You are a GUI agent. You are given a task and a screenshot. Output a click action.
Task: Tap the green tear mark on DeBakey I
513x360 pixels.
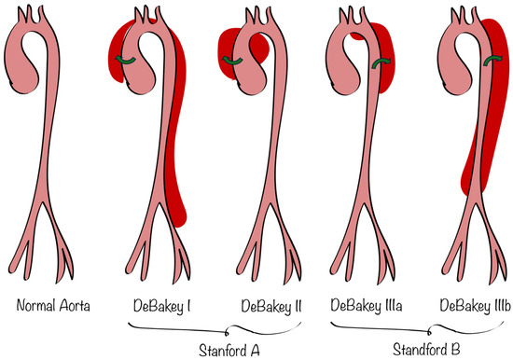coord(128,61)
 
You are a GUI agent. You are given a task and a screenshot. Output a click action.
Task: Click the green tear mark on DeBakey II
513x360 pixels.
coord(239,62)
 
